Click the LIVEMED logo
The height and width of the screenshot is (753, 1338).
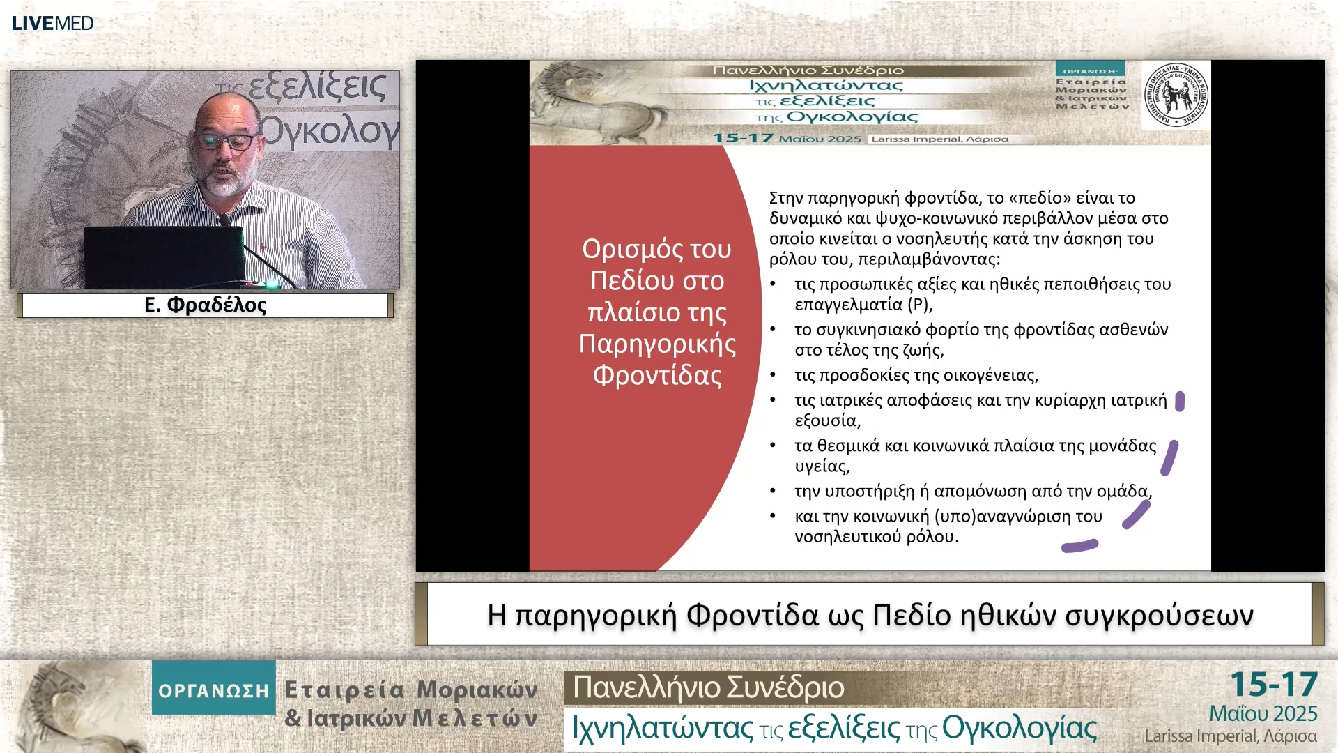point(52,23)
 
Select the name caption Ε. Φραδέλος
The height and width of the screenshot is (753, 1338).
point(206,305)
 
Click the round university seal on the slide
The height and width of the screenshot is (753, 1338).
point(1176,94)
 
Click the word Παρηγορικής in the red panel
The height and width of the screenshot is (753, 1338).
point(657,344)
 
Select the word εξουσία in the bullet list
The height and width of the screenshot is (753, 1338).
point(826,420)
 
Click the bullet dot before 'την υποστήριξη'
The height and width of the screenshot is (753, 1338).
point(773,491)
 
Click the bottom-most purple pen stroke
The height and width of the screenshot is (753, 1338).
point(1079,546)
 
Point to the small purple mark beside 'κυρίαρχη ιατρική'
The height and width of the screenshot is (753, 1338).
point(1179,401)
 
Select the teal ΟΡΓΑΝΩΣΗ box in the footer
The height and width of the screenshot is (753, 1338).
point(213,690)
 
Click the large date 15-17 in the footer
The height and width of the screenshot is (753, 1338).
point(1273,685)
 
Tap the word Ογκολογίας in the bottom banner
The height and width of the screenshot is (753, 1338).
point(1019,728)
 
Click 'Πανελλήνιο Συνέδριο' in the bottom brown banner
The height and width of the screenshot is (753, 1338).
point(708,687)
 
